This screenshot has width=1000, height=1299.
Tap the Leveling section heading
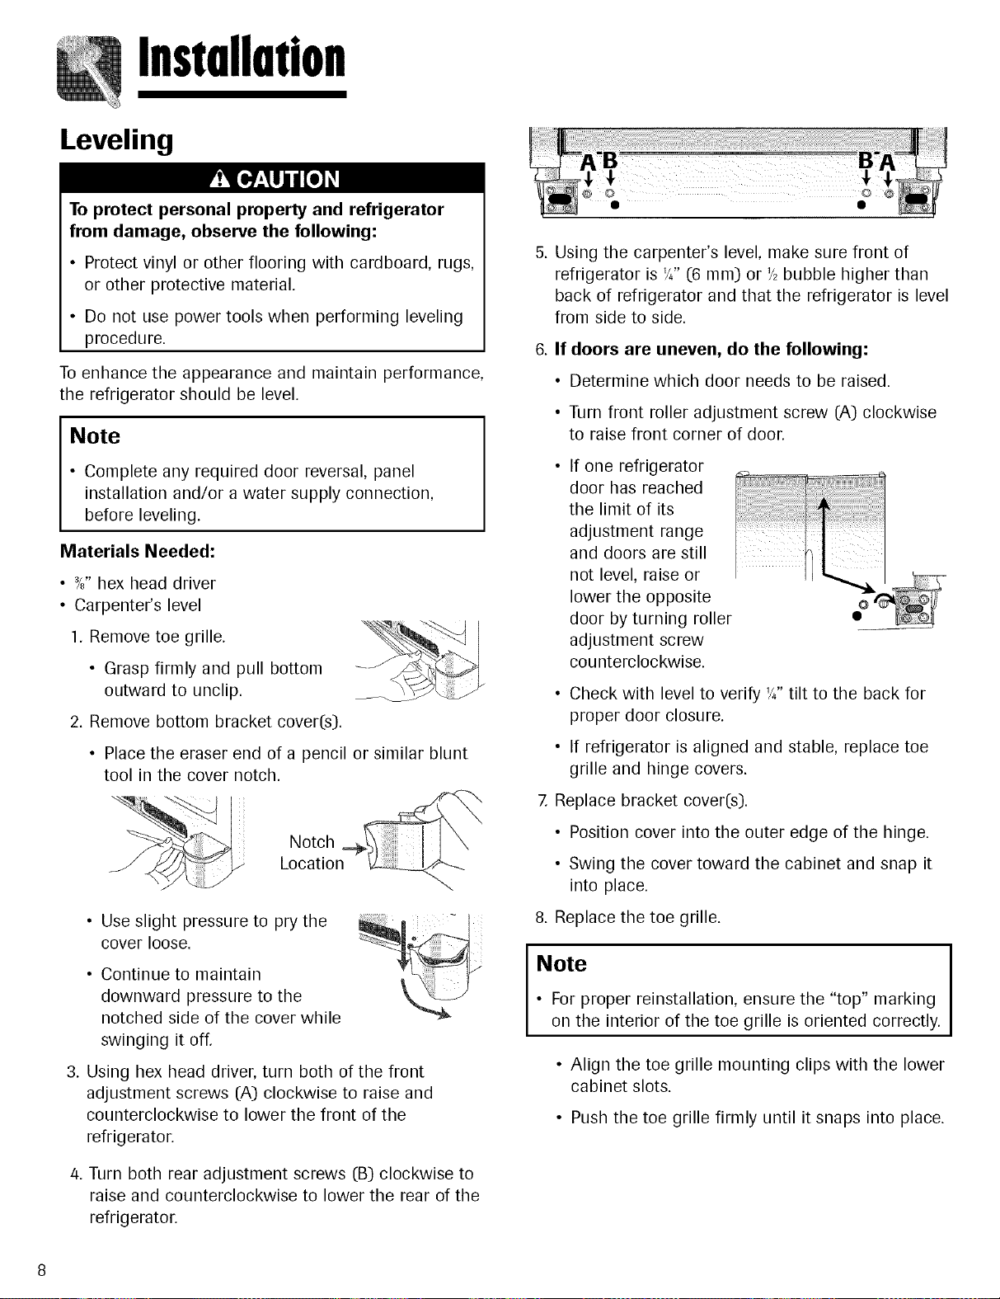[116, 140]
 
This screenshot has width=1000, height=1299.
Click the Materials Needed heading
[138, 551]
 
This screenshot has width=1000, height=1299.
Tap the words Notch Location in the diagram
[312, 853]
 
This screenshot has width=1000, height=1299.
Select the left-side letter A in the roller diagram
[589, 162]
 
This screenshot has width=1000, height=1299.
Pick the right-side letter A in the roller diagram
[888, 162]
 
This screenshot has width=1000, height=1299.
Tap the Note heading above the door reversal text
[95, 435]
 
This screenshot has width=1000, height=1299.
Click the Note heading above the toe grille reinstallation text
[561, 963]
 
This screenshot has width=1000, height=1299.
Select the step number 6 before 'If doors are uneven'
[541, 349]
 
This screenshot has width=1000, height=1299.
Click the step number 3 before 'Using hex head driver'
[73, 1071]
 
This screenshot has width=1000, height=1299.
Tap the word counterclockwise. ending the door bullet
[637, 661]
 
